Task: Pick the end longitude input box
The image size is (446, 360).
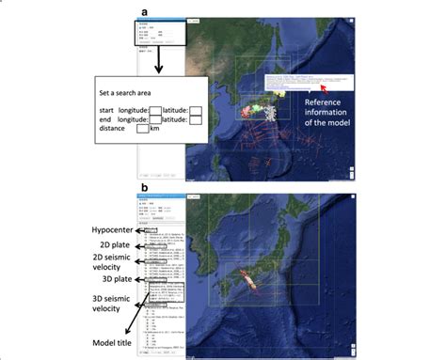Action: click(x=157, y=119)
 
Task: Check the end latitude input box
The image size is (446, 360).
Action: click(x=195, y=119)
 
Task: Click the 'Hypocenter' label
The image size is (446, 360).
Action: click(x=113, y=229)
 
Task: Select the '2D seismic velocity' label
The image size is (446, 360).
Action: click(x=113, y=264)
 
